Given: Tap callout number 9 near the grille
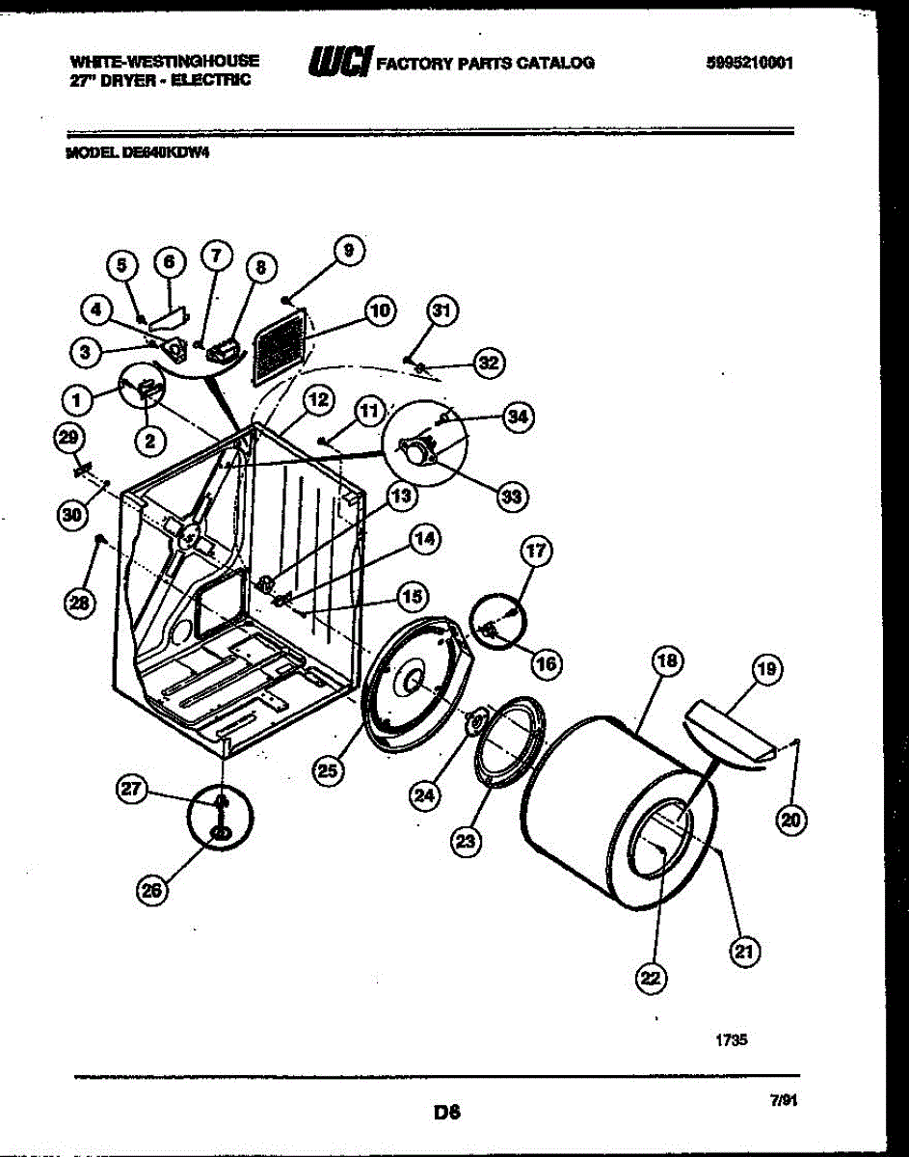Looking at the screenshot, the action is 349,250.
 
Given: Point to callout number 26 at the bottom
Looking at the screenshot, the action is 150,891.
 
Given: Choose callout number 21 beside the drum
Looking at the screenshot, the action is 743,952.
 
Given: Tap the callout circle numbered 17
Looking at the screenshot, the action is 537,552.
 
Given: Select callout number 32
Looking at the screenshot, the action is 490,363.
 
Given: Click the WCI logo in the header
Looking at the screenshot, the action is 338,63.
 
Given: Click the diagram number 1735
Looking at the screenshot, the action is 732,1040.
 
